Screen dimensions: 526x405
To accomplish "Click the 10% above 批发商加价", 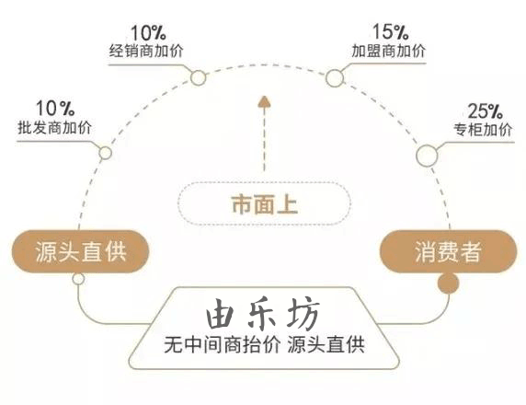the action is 55,108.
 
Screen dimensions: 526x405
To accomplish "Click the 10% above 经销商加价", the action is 148,32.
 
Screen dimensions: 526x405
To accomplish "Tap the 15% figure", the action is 391,31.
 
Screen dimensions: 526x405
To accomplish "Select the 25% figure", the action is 485,110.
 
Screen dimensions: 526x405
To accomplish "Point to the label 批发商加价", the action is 54,128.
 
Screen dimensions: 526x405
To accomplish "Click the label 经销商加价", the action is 146,52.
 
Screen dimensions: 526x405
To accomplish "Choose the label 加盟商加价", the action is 388,51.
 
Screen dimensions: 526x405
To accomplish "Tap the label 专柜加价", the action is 484,130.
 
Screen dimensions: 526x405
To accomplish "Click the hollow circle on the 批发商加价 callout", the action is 106,153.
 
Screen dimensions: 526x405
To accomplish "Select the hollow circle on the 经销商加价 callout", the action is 198,78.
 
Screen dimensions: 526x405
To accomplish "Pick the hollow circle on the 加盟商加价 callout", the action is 335,78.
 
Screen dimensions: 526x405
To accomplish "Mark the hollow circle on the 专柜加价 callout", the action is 427,156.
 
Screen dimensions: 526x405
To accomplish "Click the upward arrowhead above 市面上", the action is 264,102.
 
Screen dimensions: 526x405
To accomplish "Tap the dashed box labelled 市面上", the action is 264,203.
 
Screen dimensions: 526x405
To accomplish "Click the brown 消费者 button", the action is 448,251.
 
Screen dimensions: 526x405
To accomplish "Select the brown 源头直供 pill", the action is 80,251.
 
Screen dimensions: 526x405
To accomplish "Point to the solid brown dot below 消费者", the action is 448,283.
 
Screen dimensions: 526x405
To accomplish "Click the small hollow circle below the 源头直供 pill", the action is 78,279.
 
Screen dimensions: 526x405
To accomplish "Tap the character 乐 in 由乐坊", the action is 263,313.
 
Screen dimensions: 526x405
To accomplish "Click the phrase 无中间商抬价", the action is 222,345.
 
